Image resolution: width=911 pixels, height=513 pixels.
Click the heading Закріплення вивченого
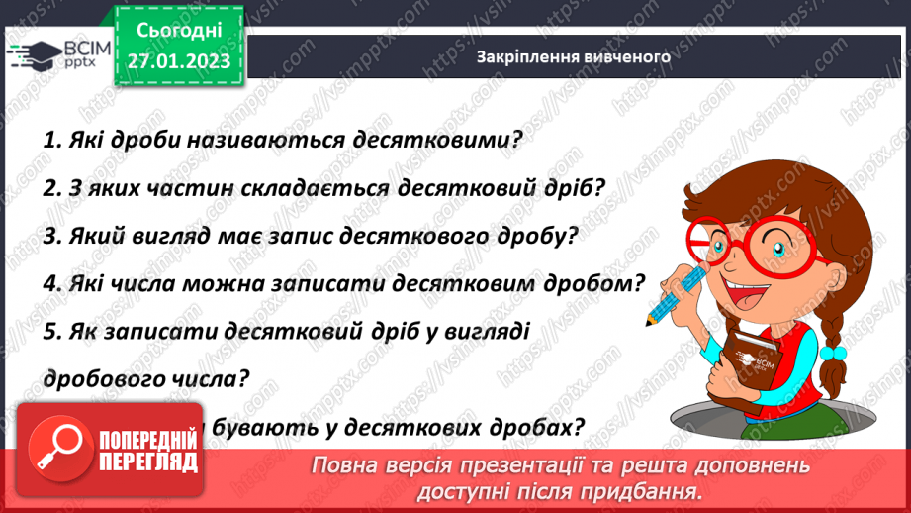(573, 56)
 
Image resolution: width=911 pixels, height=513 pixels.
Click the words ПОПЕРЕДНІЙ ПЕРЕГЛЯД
(147, 452)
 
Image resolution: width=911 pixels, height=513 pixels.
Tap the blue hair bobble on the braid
(835, 352)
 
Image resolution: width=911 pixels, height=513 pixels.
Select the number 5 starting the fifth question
(50, 333)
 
